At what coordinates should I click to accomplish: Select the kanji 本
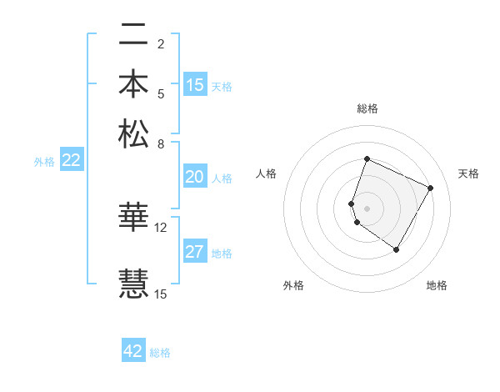(133, 85)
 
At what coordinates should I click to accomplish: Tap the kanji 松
(133, 133)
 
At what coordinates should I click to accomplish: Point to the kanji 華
(133, 216)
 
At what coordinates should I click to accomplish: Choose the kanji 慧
(133, 283)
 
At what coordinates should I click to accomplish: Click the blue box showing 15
(195, 85)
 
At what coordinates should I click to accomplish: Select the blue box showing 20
(195, 177)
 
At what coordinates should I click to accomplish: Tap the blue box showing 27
(195, 253)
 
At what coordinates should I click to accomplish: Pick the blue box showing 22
(71, 161)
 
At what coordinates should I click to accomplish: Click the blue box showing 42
(133, 351)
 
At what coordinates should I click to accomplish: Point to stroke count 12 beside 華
(161, 226)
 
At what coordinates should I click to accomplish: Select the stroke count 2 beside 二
(161, 44)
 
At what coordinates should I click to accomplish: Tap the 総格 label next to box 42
(160, 353)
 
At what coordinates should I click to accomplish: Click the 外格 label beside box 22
(44, 162)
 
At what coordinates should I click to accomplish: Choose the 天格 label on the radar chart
(468, 173)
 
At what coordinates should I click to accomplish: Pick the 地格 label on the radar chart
(437, 285)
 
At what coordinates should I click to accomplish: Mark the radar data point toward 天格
(431, 188)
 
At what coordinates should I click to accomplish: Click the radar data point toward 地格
(397, 249)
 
